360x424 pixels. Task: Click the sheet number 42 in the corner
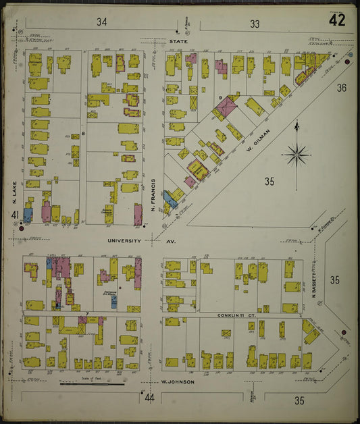(337, 21)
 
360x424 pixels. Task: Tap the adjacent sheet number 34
(102, 23)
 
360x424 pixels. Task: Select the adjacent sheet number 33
(254, 24)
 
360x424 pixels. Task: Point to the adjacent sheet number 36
(342, 87)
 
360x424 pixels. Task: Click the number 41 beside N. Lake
(14, 215)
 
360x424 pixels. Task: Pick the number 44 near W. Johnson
(150, 398)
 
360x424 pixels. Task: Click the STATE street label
(179, 41)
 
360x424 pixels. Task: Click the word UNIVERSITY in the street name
(126, 240)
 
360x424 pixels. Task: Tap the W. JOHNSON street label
(178, 382)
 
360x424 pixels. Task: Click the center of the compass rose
(297, 155)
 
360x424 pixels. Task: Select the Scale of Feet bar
(92, 384)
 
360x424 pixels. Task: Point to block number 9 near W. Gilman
(220, 99)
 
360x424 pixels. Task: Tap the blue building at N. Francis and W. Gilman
(170, 198)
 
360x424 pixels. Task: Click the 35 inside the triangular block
(269, 181)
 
